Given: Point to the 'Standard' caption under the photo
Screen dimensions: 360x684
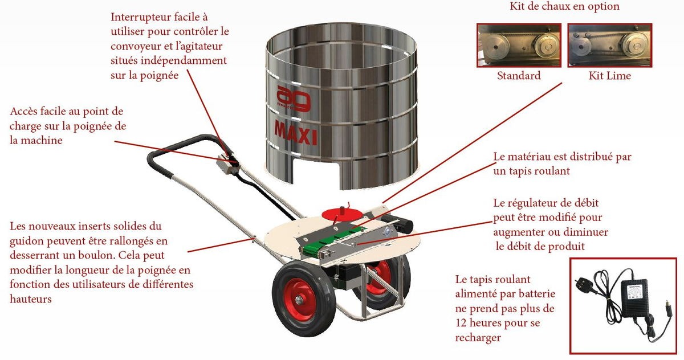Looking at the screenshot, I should [518, 76].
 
